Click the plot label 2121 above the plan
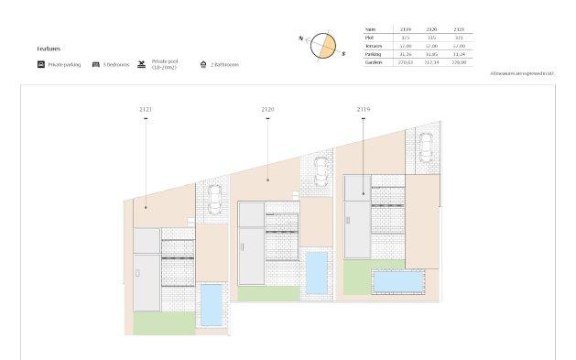(146, 109)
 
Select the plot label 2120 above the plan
(267, 109)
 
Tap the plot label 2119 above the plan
(364, 109)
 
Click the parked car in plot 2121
(213, 200)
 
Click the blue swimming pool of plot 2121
(211, 304)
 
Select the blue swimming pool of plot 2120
(317, 272)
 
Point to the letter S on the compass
(343, 54)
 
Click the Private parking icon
(41, 65)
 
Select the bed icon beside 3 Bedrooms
(95, 65)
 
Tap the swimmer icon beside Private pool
(142, 65)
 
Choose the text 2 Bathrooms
(225, 65)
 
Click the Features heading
(49, 48)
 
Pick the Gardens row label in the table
(374, 62)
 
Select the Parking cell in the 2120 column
(432, 54)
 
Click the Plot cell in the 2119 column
(406, 38)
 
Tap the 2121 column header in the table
(459, 29)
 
